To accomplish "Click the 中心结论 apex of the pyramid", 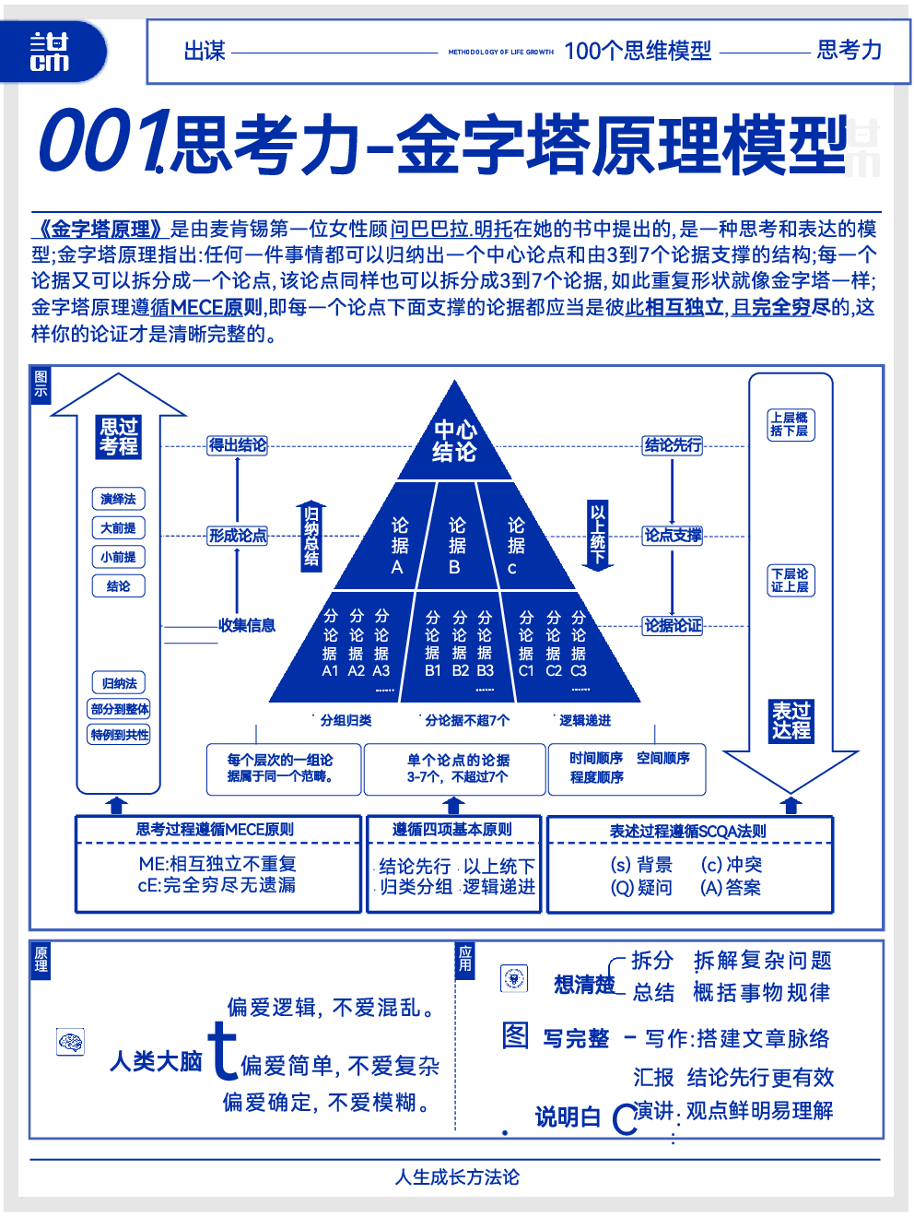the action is [455, 441].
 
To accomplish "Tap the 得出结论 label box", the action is [237, 445].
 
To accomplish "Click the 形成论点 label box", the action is [237, 536].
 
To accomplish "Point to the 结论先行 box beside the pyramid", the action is [672, 445].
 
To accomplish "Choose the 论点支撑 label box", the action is [672, 536].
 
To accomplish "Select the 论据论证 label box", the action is [672, 626].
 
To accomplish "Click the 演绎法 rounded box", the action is [119, 499].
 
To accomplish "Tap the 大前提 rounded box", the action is [119, 528].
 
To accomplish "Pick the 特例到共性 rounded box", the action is [119, 735].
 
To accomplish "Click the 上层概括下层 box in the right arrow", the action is [791, 425].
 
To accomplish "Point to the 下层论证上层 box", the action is [791, 581].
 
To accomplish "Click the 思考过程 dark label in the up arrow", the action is [119, 437].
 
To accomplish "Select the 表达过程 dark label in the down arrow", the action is [791, 721].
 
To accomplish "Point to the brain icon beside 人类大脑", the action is [70, 1042].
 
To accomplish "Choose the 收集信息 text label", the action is [247, 625].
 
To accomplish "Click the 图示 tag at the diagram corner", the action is [41, 384].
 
